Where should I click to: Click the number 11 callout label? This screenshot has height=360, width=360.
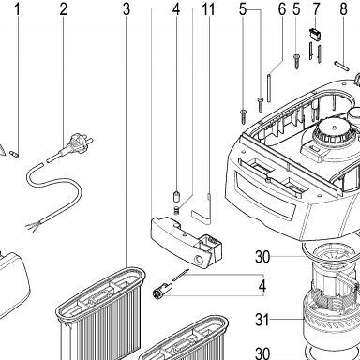tap(208, 9)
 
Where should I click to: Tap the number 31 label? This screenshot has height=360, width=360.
tap(262, 320)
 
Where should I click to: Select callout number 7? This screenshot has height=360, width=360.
tap(316, 9)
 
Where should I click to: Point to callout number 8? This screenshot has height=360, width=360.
tap(343, 9)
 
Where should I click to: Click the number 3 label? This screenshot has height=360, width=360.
tap(127, 9)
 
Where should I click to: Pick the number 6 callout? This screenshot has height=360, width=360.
tap(282, 9)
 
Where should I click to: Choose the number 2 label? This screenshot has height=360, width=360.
tap(64, 9)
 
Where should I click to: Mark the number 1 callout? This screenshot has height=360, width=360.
tap(18, 9)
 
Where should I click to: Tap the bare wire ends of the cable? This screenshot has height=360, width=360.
tap(33, 225)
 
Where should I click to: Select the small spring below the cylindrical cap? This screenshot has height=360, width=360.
tap(176, 210)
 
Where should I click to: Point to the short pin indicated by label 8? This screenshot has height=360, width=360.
tap(342, 66)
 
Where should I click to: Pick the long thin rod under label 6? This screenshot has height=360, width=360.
tap(269, 87)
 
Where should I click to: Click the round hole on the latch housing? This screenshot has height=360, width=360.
tap(198, 260)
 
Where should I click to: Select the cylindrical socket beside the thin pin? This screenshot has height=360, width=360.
tap(161, 289)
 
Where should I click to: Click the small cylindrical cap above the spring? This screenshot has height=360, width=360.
tap(176, 197)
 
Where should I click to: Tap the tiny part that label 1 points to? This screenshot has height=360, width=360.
tap(14, 154)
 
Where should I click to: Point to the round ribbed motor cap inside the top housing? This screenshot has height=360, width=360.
tap(334, 131)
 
